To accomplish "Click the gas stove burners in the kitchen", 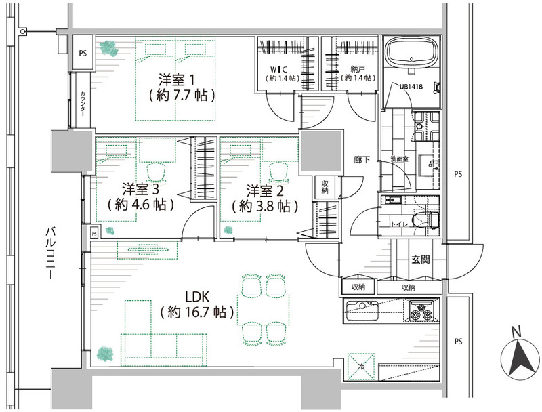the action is click(x=421, y=311).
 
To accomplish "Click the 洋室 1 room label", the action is click(x=176, y=80).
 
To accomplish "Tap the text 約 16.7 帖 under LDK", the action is click(x=197, y=312).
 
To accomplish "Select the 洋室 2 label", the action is click(x=265, y=190).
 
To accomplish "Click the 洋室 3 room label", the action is click(x=140, y=189).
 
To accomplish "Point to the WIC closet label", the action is click(x=279, y=70).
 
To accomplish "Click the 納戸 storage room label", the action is click(x=357, y=70).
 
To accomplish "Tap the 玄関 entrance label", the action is click(x=420, y=260).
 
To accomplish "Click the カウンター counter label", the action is click(x=83, y=104).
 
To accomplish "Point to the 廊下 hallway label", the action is click(x=362, y=160).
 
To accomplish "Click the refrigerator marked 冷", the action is click(x=361, y=367).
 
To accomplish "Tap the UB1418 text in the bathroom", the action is click(x=411, y=87).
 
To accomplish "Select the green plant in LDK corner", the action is click(x=106, y=354).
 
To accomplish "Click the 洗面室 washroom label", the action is click(x=399, y=159).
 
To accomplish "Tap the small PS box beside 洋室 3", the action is click(x=94, y=234).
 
